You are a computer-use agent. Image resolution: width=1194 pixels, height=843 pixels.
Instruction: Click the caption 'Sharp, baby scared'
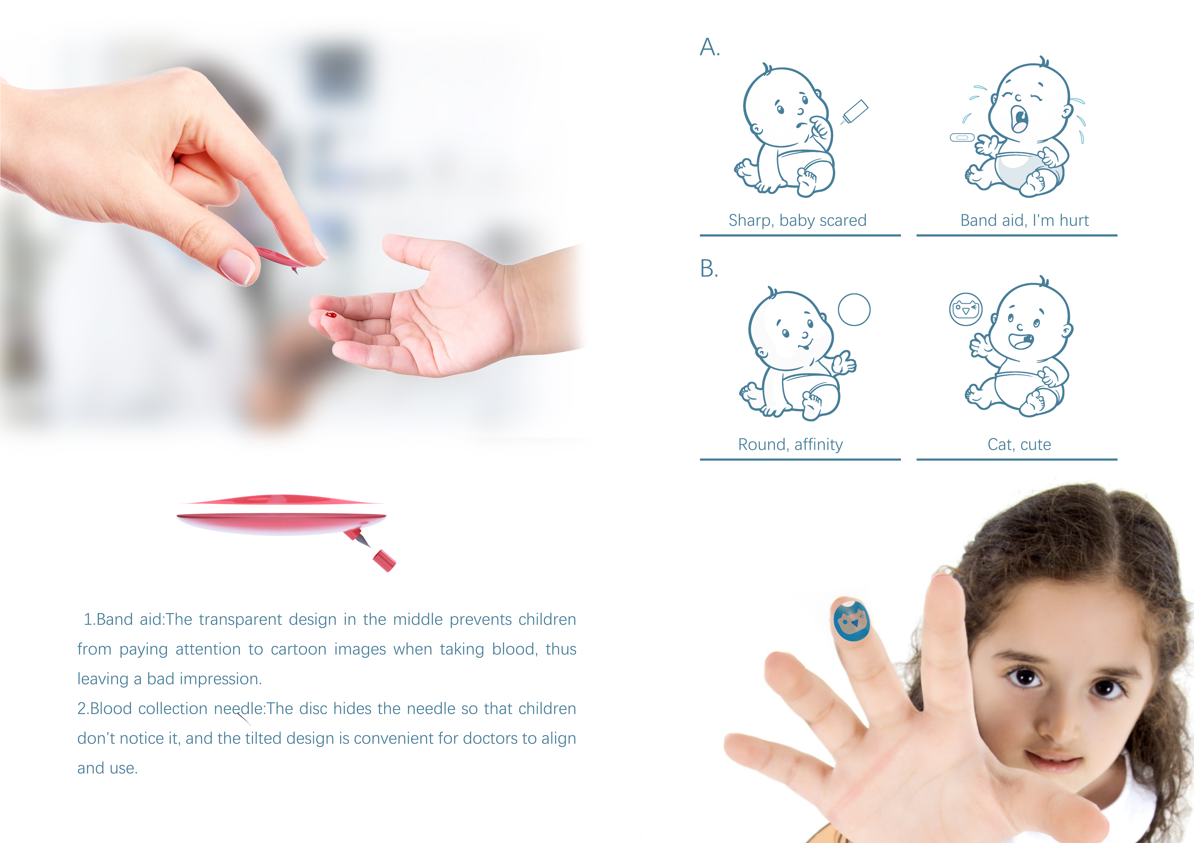tap(797, 221)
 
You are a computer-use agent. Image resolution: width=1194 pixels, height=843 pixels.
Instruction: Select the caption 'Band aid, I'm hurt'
tap(1024, 221)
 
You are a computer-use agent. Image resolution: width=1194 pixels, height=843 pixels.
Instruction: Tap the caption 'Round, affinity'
tap(790, 445)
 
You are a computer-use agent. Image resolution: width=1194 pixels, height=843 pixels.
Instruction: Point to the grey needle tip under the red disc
tap(364, 541)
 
